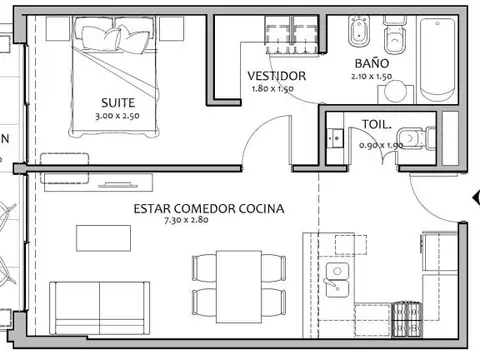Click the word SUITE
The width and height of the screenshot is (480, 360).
(119, 102)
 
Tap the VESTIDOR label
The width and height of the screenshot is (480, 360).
(276, 76)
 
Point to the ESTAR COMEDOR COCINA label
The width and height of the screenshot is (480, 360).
(209, 209)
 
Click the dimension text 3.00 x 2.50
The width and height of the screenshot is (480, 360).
(119, 116)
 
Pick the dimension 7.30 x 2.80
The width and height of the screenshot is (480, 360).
(186, 221)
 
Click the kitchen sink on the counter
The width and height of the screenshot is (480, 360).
(334, 281)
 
